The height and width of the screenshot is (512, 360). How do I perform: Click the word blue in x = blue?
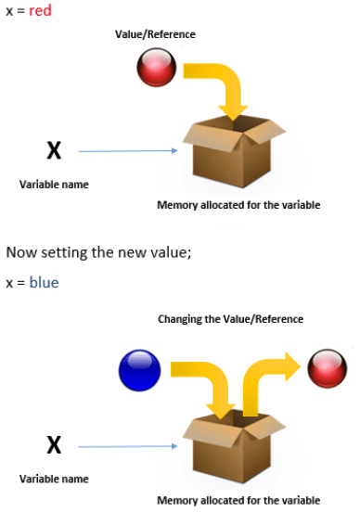44,282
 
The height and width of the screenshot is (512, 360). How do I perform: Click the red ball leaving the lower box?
326,367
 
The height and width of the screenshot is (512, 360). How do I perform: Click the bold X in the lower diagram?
54,446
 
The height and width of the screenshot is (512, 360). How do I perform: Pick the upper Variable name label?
54,184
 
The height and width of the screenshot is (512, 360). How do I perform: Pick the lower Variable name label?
54,479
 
